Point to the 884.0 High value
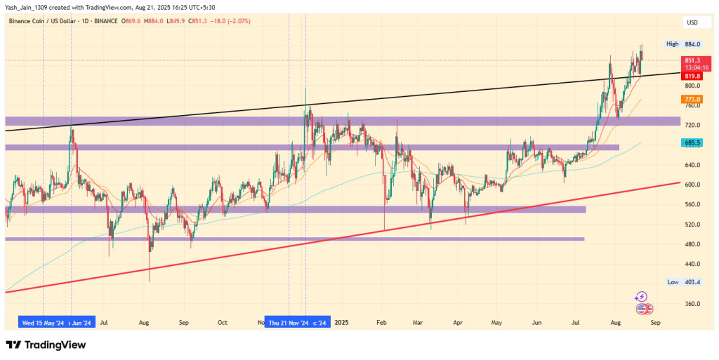coord(693,44)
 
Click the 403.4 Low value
coord(693,281)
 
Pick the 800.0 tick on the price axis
coord(693,86)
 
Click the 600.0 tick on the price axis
coord(693,185)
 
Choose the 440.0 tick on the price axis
coord(693,264)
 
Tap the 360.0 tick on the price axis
coord(693,304)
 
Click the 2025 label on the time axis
coord(342,323)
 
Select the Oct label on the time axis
coord(223,323)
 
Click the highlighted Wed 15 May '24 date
coord(42,323)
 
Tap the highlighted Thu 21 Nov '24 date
coord(287,323)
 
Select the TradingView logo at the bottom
coord(46,345)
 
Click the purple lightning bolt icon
coord(640,297)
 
